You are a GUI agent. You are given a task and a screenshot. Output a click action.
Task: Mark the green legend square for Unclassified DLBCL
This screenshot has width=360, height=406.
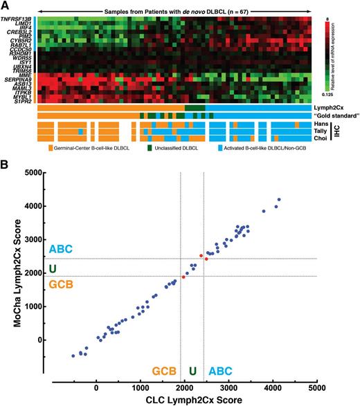(150, 148)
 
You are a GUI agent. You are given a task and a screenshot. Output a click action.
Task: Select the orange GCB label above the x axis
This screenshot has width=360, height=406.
(164, 361)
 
